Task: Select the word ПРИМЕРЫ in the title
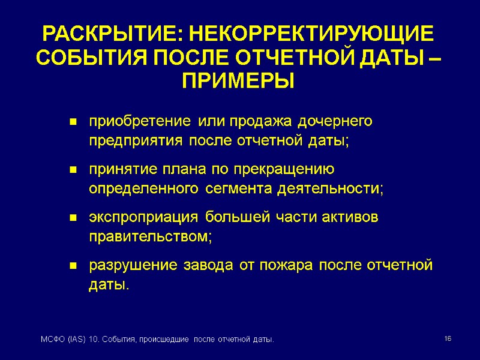[x=238, y=80]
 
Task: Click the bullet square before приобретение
[x=73, y=122]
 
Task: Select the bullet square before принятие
[x=73, y=170]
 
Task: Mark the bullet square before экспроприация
[x=73, y=217]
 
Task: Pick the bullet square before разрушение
[x=73, y=265]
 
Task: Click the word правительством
[x=151, y=236]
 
